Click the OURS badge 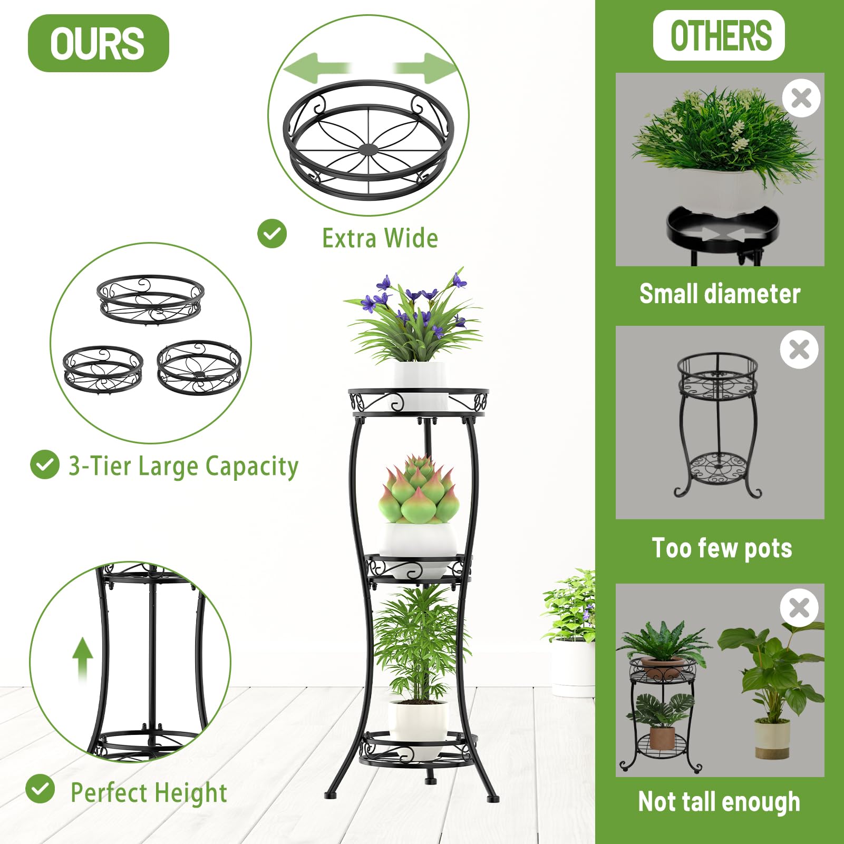[x=98, y=43]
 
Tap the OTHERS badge [x=719, y=35]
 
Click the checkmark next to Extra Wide [x=272, y=234]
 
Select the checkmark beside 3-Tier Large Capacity [x=45, y=464]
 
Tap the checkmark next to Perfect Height [x=40, y=789]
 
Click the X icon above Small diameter [x=801, y=98]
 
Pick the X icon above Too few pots [x=799, y=350]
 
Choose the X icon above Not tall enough [x=799, y=608]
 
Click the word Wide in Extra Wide [x=411, y=238]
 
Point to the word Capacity [x=252, y=467]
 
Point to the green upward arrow [x=82, y=659]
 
